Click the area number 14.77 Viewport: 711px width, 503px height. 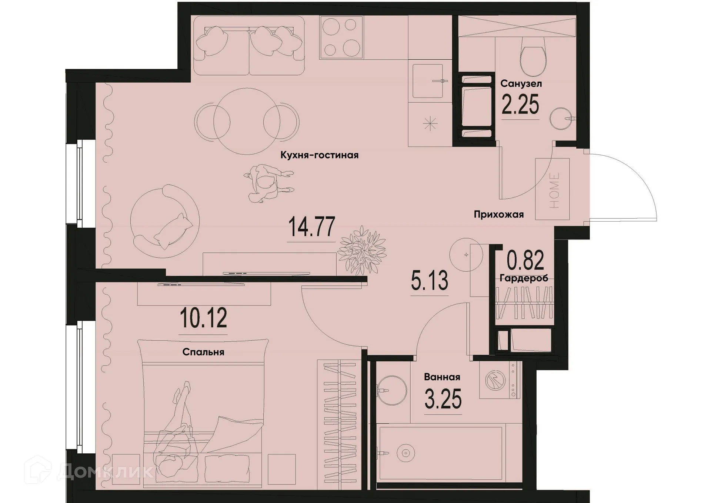[311, 227]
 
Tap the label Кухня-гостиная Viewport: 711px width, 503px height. [319, 155]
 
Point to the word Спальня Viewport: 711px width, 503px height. [203, 352]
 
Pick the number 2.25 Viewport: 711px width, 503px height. [520, 105]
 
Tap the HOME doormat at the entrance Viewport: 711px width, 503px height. [553, 189]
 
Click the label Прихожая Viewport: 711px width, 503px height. [499, 214]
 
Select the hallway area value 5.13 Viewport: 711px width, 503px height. [430, 281]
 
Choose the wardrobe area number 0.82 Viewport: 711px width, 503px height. [525, 260]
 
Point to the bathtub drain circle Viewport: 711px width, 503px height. [405, 453]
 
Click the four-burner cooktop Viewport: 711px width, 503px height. [341, 37]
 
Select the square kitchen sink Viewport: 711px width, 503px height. [428, 81]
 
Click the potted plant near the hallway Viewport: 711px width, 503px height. [363, 250]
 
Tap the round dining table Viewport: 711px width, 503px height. [247, 122]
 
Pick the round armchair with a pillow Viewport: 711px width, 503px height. [165, 222]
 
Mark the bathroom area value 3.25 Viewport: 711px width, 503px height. [443, 400]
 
